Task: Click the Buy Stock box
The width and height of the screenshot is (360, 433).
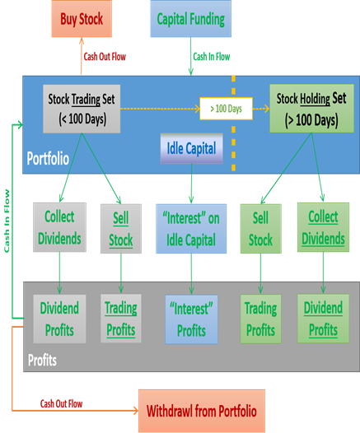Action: pos(82,19)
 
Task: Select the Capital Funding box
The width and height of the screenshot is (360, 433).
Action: pos(190,19)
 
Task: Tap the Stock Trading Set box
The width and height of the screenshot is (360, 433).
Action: pos(82,109)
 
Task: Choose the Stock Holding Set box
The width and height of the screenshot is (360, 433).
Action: pos(311,109)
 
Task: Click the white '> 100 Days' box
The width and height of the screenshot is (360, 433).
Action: pos(226,109)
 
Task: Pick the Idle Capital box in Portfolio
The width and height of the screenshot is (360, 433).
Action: pos(191,148)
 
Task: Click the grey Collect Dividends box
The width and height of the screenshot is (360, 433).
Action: pos(59,227)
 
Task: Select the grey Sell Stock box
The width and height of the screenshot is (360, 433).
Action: pos(121,229)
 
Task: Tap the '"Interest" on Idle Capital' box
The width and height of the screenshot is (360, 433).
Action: pos(191,229)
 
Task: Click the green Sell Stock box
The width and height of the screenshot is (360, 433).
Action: pos(261,229)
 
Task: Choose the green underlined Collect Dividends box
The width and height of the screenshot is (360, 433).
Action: pos(323,227)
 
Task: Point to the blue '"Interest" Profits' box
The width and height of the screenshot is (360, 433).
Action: pos(191,319)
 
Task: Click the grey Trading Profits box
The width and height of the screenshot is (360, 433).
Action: pos(121,319)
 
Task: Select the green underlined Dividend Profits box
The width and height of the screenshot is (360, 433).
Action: pos(323,319)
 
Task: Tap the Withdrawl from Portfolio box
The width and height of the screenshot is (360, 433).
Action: pos(202,411)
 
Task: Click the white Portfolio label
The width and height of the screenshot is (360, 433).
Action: pos(48,159)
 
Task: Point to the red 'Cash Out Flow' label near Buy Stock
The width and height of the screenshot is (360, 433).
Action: pos(105,57)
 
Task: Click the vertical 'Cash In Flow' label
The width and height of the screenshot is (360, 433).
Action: pos(7,221)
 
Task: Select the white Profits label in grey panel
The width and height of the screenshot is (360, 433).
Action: pos(42,360)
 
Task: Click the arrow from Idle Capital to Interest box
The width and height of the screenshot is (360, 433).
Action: pos(191,184)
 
